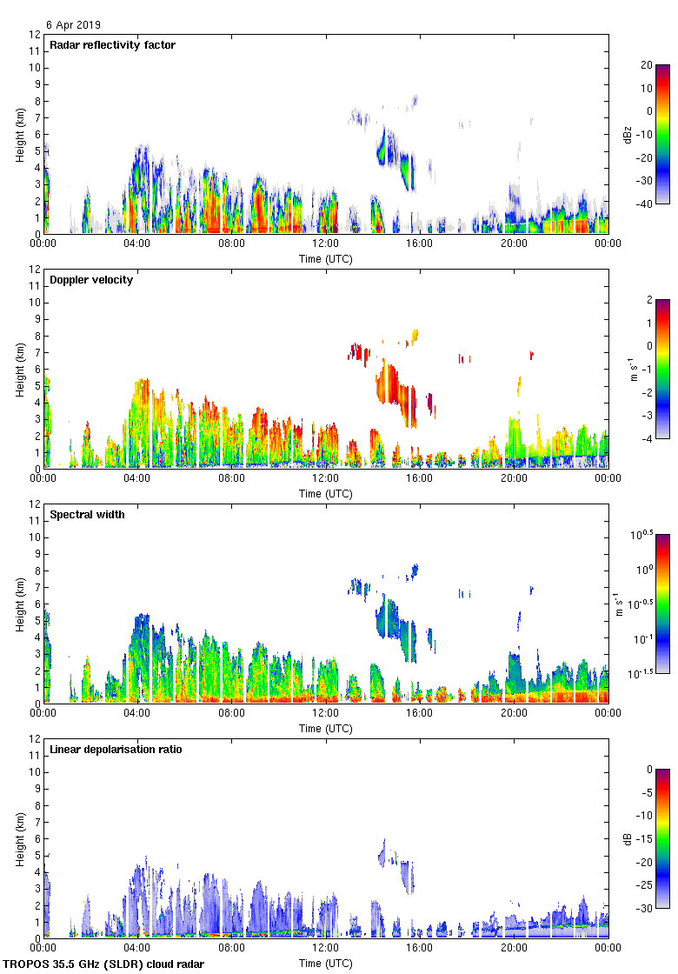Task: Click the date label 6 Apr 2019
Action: point(73,25)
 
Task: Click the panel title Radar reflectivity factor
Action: point(112,45)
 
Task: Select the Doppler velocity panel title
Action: point(91,280)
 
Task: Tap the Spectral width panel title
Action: point(87,515)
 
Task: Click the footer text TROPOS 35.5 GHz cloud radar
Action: point(104,964)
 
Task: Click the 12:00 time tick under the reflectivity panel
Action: point(326,244)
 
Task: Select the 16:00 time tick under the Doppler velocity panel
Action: point(420,479)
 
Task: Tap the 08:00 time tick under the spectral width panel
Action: point(232,714)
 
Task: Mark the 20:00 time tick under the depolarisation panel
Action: point(514,949)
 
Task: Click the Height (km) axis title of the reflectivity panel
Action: point(20,134)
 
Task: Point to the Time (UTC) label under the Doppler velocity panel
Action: point(326,494)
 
